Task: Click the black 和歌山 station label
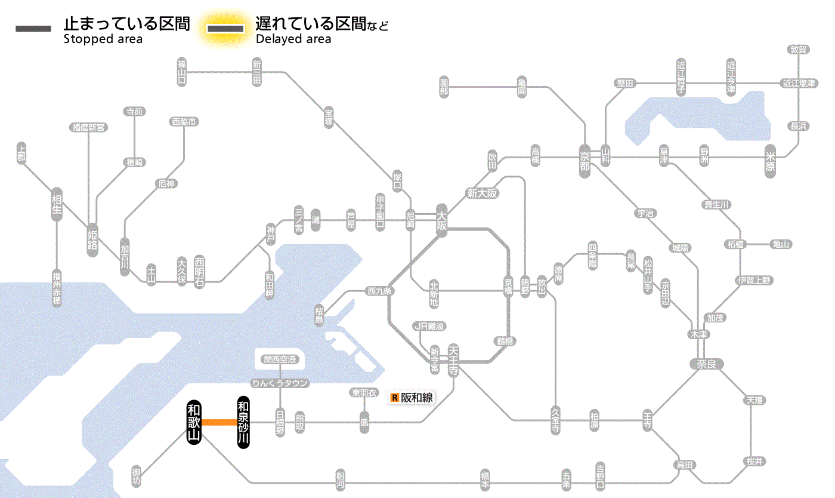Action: pyautogui.click(x=194, y=422)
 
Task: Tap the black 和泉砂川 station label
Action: pyautogui.click(x=243, y=422)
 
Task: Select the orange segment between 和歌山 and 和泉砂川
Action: pyautogui.click(x=219, y=422)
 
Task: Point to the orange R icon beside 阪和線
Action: pyautogui.click(x=394, y=397)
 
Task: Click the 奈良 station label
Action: pyautogui.click(x=706, y=363)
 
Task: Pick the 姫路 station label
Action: pyautogui.click(x=92, y=239)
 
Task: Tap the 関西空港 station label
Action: pyautogui.click(x=280, y=359)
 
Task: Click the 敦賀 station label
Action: pyautogui.click(x=798, y=50)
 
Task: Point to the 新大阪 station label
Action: pyautogui.click(x=482, y=193)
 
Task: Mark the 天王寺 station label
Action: pyautogui.click(x=453, y=359)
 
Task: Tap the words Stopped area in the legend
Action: pyautogui.click(x=103, y=39)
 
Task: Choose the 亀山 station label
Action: pyautogui.click(x=781, y=244)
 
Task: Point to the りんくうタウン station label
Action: pyautogui.click(x=280, y=383)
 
